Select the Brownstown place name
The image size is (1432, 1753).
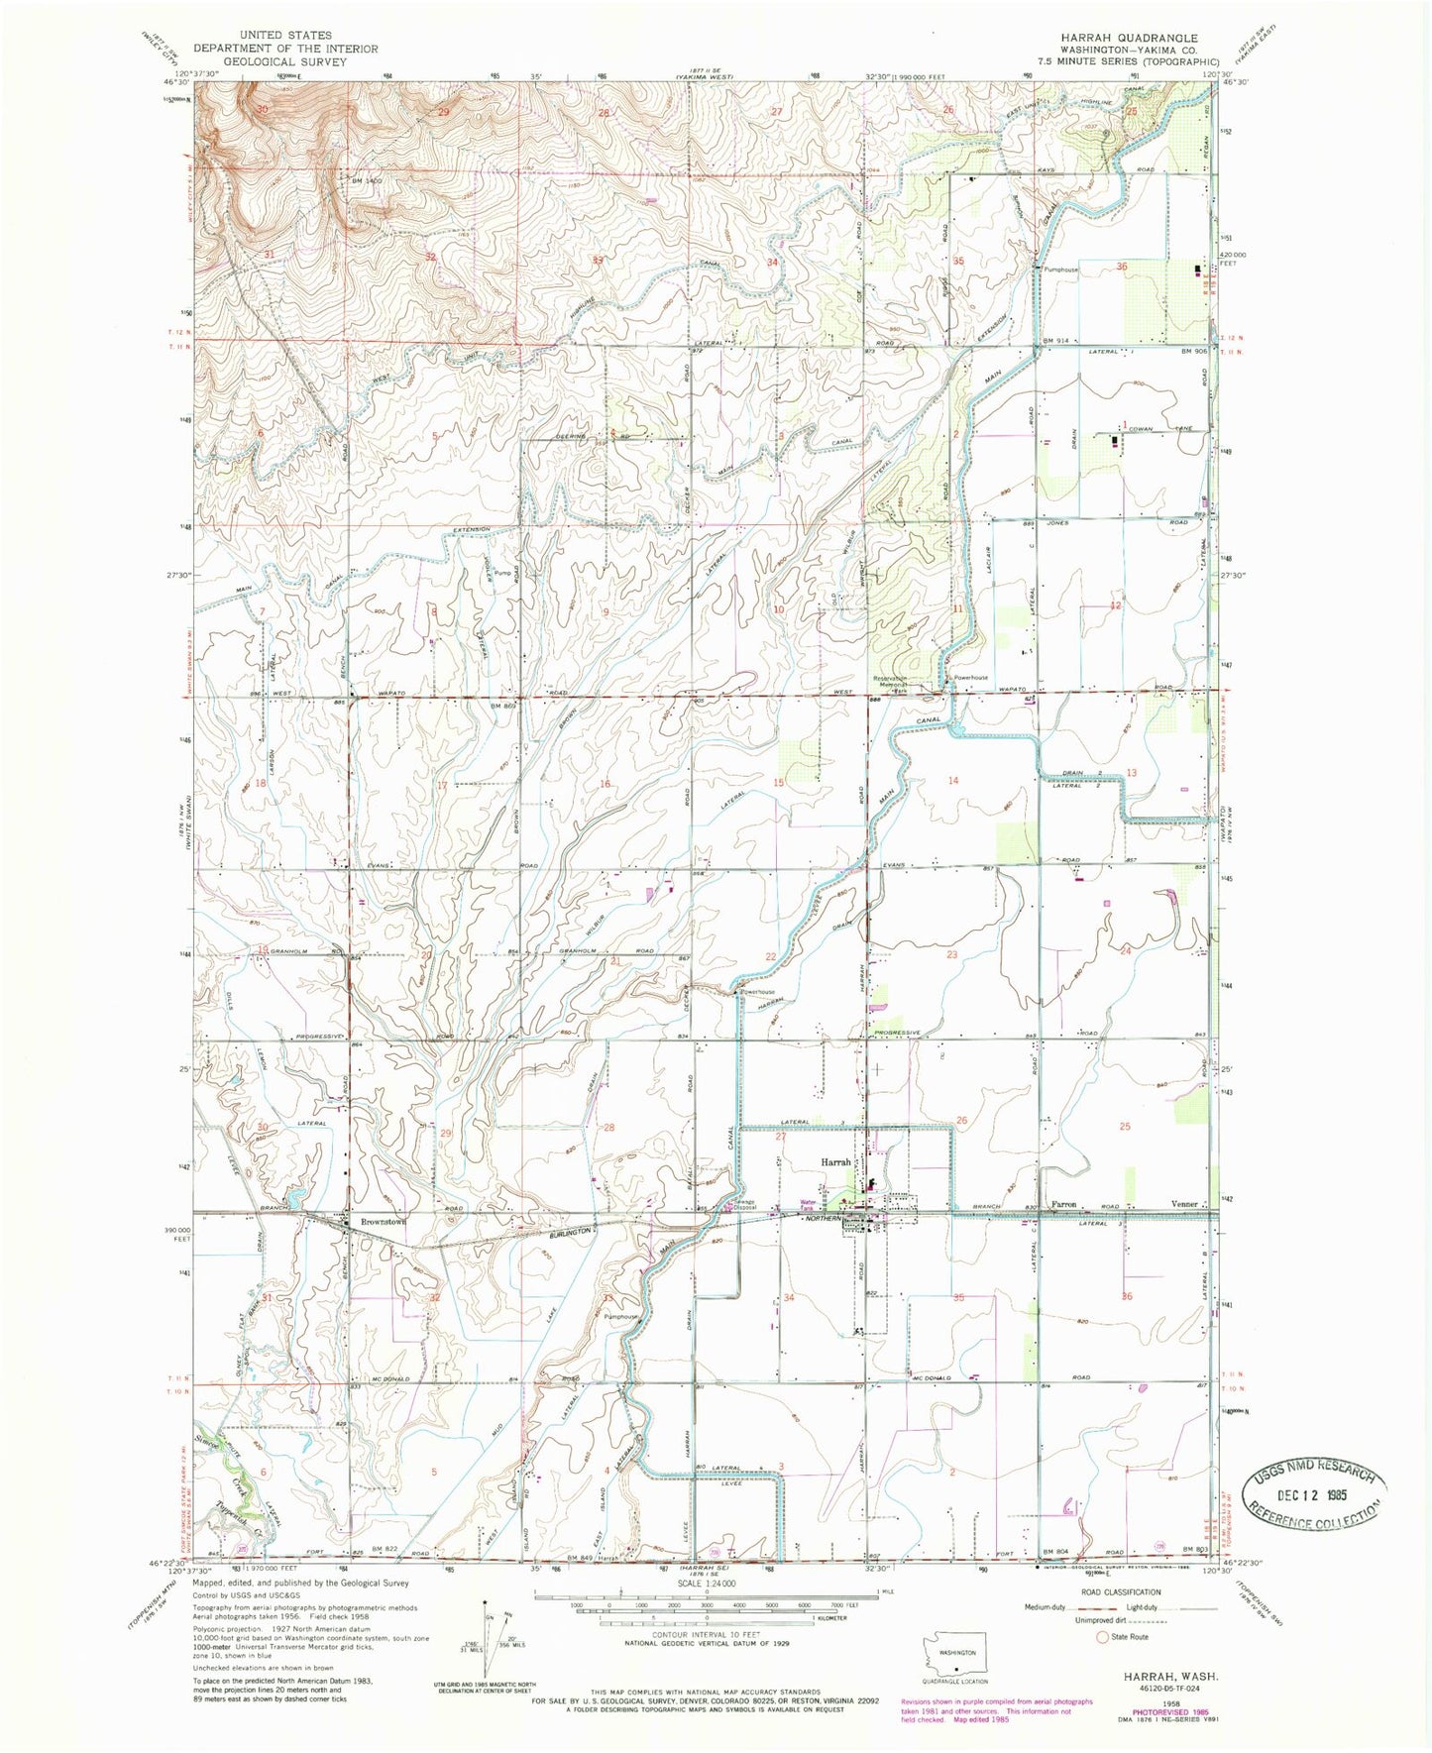[x=385, y=1222]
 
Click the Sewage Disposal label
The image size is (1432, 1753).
[x=743, y=1205]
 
